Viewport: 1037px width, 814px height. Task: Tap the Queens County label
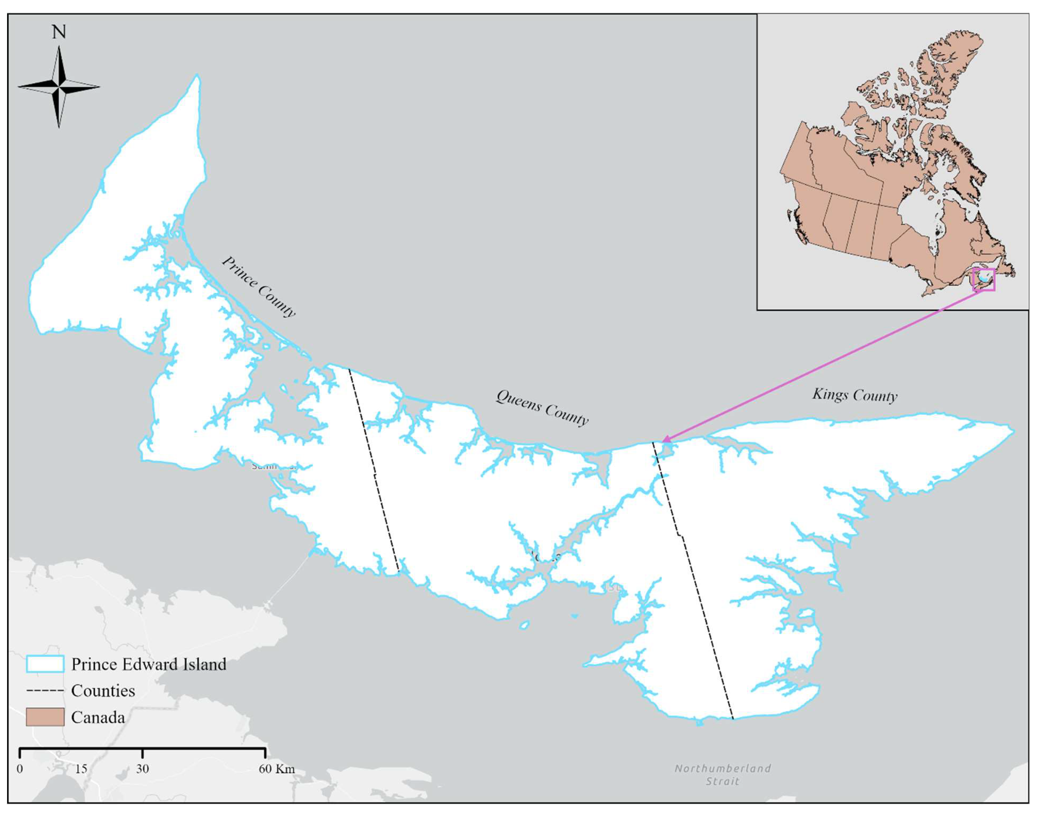point(542,408)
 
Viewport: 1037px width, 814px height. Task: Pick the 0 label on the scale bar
point(20,769)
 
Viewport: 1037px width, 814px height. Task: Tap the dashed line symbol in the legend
point(45,691)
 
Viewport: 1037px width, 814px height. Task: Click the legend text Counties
point(103,691)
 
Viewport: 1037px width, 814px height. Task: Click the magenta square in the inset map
point(984,280)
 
